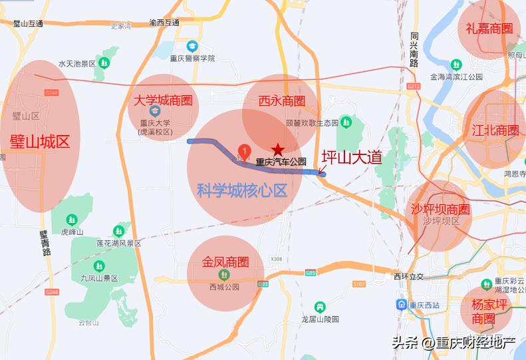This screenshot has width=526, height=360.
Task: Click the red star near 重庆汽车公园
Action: pyautogui.click(x=277, y=150)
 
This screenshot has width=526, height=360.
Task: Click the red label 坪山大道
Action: pyautogui.click(x=352, y=157)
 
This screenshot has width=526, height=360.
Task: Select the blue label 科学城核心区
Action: pyautogui.click(x=242, y=191)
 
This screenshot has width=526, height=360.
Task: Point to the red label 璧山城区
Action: pyautogui.click(x=40, y=141)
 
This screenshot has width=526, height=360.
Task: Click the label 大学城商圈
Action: pyautogui.click(x=163, y=100)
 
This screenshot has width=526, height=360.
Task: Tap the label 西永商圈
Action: pyautogui.click(x=282, y=101)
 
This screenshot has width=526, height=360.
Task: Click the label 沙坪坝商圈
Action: pyautogui.click(x=440, y=209)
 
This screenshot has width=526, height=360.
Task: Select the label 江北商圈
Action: pyautogui.click(x=495, y=130)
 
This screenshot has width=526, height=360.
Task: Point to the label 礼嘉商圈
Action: pyautogui.click(x=489, y=29)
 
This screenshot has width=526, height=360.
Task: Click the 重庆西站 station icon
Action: pyautogui.click(x=402, y=305)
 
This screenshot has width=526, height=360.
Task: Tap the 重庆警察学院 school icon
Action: pyautogui.click(x=192, y=46)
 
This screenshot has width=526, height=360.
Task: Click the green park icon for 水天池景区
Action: pyautogui.click(x=104, y=63)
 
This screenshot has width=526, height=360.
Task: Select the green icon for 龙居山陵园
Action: pyautogui.click(x=321, y=307)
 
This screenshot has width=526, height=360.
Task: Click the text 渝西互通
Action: pyautogui.click(x=164, y=23)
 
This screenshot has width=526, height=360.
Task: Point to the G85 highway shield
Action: pyautogui.click(x=311, y=272)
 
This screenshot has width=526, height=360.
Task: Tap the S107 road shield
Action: pyautogui.click(x=359, y=284)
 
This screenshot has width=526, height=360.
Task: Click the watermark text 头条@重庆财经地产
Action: pyautogui.click(x=454, y=343)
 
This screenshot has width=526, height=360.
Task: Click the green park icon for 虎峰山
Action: pyautogui.click(x=72, y=220)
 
